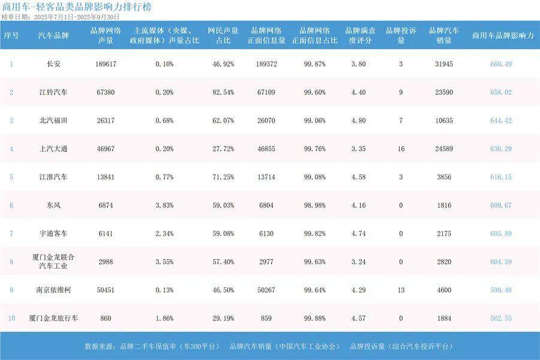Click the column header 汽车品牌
coord(53,35)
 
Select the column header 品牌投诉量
coord(401,35)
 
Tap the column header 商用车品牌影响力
coord(503,35)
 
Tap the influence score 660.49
coord(501,64)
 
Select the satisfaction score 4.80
coord(358,121)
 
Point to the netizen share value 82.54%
coord(223,92)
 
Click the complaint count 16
coord(401,149)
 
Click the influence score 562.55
coord(501,318)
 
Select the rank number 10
coord(11,318)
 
